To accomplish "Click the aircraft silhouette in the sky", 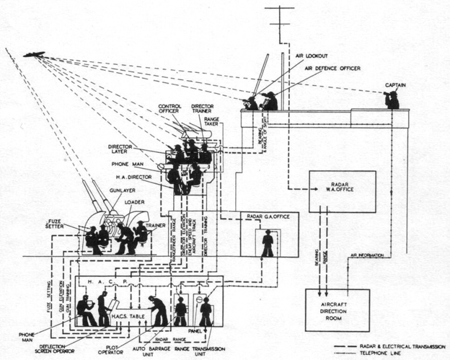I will point(35,54).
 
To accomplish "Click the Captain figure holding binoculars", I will point(392,100).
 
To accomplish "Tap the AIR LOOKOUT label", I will point(310,56).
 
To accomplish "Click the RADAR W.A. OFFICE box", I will point(342,191).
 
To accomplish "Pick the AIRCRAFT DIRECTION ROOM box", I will point(337,310).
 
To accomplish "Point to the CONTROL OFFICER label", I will point(170,108).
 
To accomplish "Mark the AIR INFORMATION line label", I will point(370,255).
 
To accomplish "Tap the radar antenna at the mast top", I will point(280,17).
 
